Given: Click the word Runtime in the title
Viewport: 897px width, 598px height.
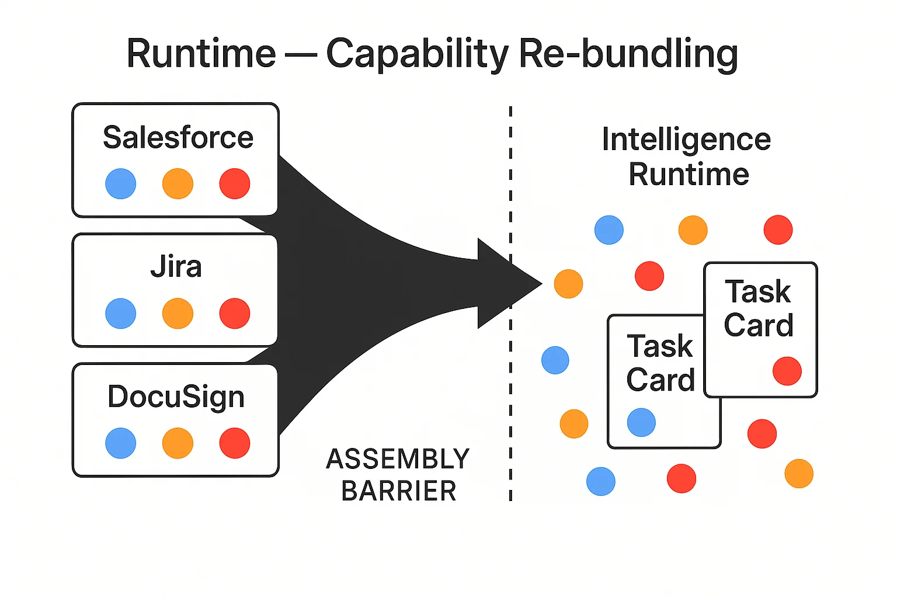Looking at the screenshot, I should (201, 54).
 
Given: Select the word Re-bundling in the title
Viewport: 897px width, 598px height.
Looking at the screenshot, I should (628, 54).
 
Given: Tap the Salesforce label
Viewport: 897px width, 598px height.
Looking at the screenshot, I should (178, 137).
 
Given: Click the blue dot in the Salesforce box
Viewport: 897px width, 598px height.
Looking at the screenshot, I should (121, 183).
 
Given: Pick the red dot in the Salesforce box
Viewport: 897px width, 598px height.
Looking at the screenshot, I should (235, 183).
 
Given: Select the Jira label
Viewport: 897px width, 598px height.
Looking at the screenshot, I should (176, 267).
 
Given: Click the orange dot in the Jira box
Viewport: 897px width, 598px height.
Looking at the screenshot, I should (178, 313).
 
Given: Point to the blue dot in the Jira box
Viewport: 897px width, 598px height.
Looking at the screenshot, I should (121, 313).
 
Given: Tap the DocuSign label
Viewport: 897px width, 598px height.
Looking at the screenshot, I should (176, 397).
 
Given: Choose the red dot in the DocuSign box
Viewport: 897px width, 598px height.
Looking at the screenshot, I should (235, 443).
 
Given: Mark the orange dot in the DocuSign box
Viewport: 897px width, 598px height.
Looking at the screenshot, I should (178, 443).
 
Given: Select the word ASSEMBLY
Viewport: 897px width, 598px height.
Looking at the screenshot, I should (398, 459).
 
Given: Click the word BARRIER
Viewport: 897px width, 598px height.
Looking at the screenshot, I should (399, 491).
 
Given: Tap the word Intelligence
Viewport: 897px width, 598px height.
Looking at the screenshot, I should (686, 140).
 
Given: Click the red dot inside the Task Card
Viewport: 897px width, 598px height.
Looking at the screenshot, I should (787, 371).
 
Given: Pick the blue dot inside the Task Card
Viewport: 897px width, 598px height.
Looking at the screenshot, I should (641, 422).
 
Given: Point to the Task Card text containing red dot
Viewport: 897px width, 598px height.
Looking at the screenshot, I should (759, 308).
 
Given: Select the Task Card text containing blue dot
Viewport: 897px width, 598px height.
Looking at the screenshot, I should (660, 363).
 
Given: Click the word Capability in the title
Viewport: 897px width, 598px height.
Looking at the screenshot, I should (417, 54).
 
